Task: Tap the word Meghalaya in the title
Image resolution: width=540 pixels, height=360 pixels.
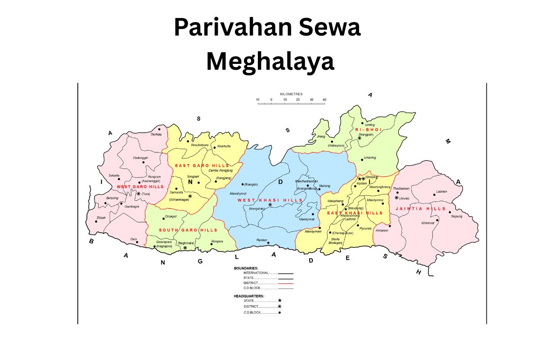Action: tap(270, 61)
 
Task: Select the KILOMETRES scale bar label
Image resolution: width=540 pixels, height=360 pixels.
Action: tap(291, 94)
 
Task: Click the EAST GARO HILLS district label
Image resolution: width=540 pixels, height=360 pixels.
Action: tap(202, 166)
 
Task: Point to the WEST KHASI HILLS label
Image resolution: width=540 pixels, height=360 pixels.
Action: tap(270, 200)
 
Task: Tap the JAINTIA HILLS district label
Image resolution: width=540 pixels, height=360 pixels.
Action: tap(420, 209)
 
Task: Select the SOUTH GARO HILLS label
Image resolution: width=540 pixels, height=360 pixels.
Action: tap(188, 230)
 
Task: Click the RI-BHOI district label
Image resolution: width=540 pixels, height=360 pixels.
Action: tap(368, 129)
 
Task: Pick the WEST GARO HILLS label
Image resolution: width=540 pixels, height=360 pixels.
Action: tap(140, 186)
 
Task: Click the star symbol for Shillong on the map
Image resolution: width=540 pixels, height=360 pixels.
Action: tap(359, 179)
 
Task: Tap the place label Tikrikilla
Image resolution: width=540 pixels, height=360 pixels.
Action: tap(156, 134)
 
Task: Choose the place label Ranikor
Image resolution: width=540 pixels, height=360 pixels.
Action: tap(262, 239)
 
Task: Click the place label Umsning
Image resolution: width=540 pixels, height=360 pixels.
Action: tap(369, 158)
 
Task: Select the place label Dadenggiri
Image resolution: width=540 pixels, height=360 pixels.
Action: tap(141, 157)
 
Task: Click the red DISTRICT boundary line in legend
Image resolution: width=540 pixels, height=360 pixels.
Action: tap(285, 283)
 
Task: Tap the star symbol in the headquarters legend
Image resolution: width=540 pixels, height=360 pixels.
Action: tap(279, 301)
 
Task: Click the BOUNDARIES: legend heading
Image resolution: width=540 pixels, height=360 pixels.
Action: tap(246, 268)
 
